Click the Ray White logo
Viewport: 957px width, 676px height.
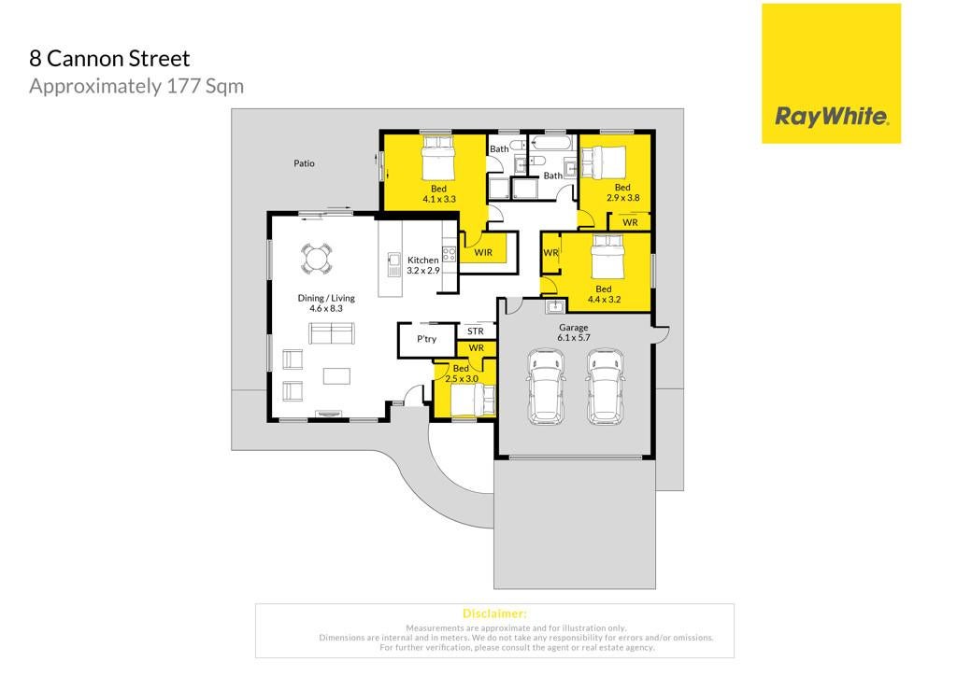pyautogui.click(x=831, y=74)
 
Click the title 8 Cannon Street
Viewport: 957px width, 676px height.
pyautogui.click(x=110, y=59)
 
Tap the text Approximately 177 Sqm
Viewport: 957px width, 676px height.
pyautogui.click(x=136, y=86)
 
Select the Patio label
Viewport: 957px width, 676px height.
pyautogui.click(x=304, y=163)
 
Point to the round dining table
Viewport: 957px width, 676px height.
pyautogui.click(x=317, y=259)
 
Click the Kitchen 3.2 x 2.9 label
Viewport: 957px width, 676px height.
pyautogui.click(x=423, y=265)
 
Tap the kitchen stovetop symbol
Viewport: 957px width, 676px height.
pyautogui.click(x=450, y=254)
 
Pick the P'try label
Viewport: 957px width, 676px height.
pyautogui.click(x=426, y=338)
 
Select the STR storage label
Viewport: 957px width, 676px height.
pyautogui.click(x=476, y=331)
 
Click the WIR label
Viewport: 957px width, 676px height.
pyautogui.click(x=483, y=252)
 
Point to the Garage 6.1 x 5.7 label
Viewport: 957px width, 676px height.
pyautogui.click(x=574, y=332)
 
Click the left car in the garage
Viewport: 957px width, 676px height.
pyautogui.click(x=546, y=387)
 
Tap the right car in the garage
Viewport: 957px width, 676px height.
pyautogui.click(x=605, y=387)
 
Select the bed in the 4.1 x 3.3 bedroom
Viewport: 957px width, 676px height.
pyautogui.click(x=438, y=157)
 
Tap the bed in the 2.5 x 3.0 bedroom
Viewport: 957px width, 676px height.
pyautogui.click(x=472, y=401)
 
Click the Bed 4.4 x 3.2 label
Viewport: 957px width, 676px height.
pyautogui.click(x=604, y=294)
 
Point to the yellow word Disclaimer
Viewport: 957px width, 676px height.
pyautogui.click(x=494, y=613)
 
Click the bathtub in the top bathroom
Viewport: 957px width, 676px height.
pyautogui.click(x=551, y=143)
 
